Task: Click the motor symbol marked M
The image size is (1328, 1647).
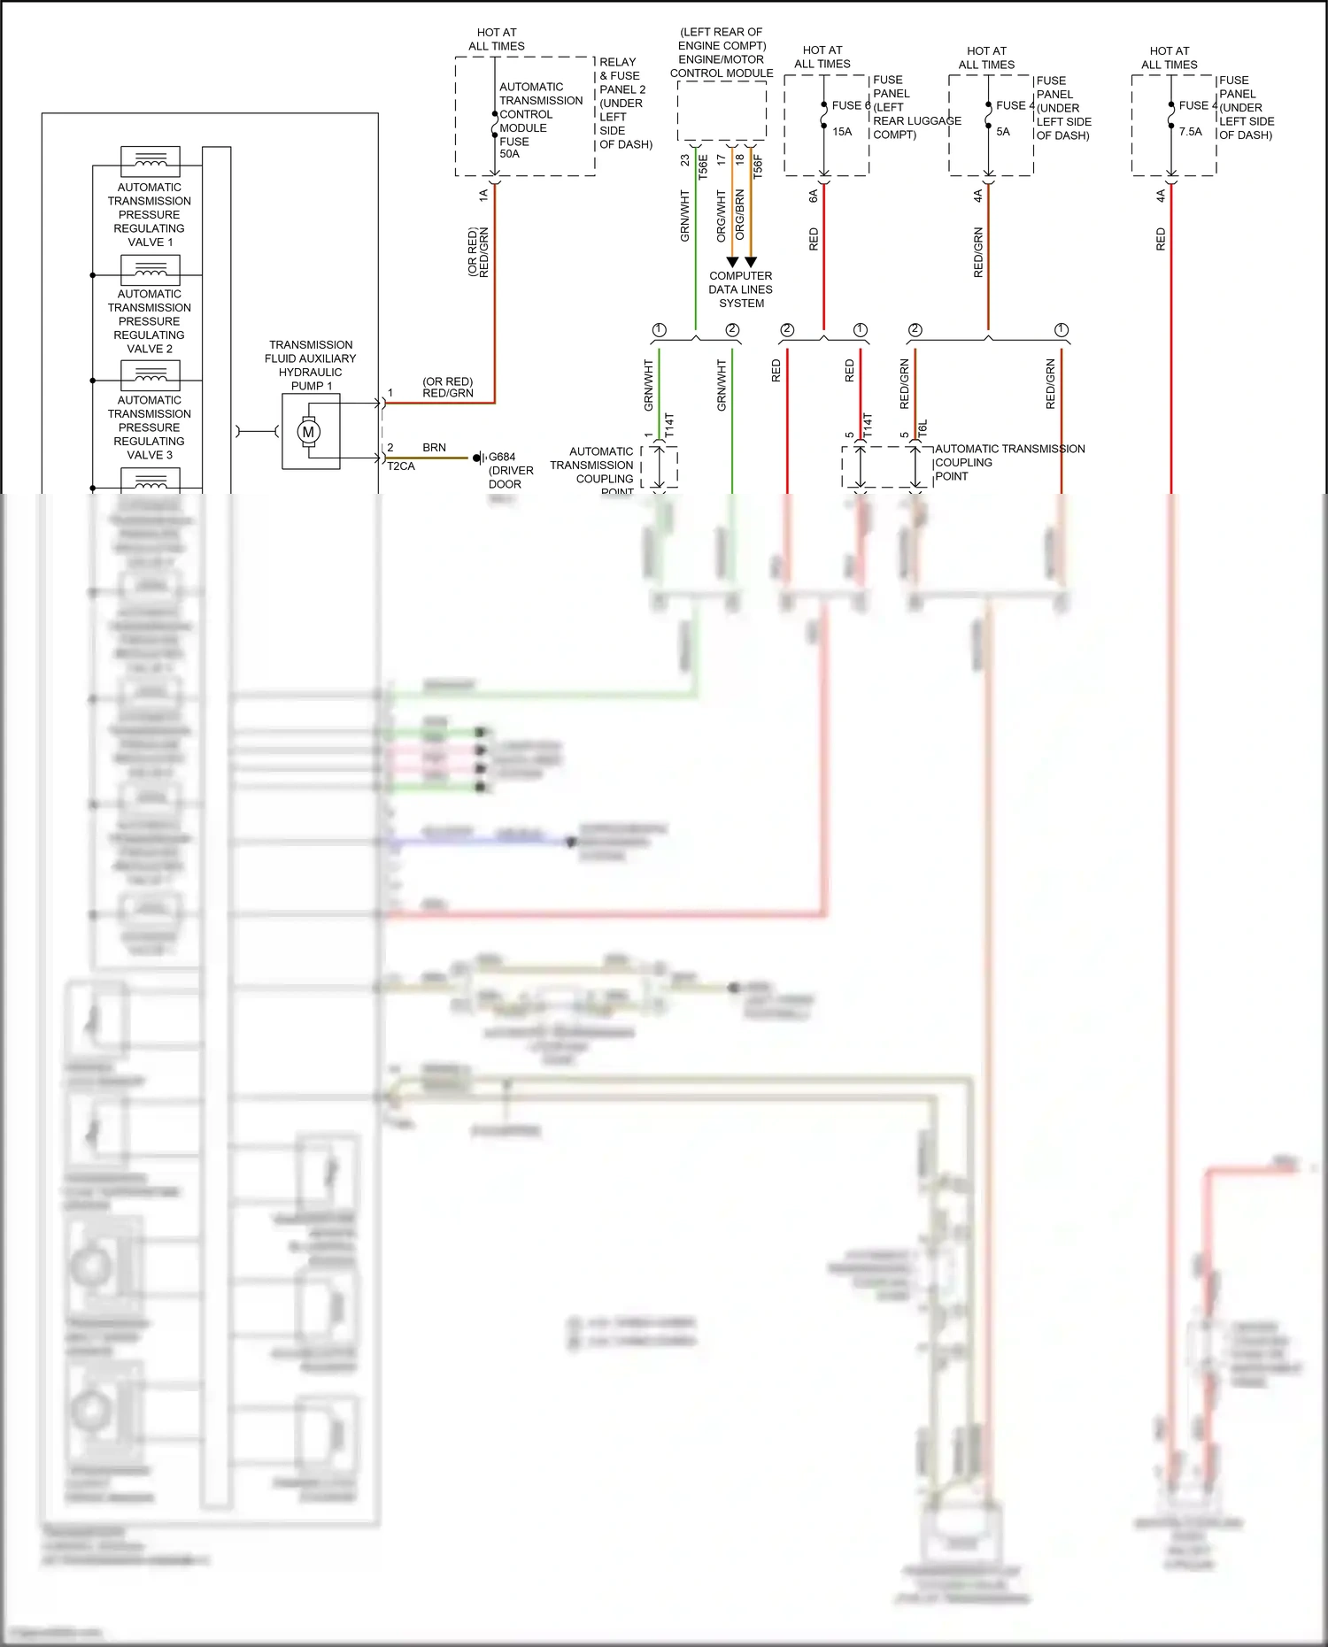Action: [x=308, y=432]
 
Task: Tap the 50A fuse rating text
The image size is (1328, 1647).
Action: [x=510, y=154]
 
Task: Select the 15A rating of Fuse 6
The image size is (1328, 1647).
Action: [x=842, y=132]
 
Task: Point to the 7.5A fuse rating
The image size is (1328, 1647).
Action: [x=1191, y=132]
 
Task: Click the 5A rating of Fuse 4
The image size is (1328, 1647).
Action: [x=1003, y=132]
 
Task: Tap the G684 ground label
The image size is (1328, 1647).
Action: [x=502, y=458]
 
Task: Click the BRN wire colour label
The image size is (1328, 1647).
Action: [x=434, y=448]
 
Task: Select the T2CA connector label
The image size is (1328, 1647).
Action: [x=401, y=466]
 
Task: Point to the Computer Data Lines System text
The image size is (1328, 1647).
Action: [x=741, y=289]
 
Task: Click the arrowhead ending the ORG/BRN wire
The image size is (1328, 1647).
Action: [x=751, y=262]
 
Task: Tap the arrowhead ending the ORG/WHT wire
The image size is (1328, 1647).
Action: [x=732, y=262]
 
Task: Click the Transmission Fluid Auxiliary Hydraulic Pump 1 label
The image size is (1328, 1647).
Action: [x=311, y=366]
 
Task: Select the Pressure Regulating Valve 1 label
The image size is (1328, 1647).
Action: [x=150, y=215]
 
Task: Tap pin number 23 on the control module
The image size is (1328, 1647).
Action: [x=685, y=160]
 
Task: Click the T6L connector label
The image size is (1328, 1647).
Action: [x=923, y=429]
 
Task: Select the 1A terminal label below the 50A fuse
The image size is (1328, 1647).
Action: [x=483, y=196]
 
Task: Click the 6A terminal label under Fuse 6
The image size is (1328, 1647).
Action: [x=813, y=196]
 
